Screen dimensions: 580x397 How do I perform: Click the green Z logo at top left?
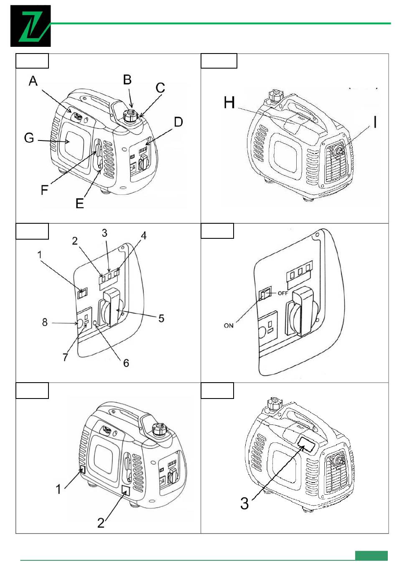pos(31,26)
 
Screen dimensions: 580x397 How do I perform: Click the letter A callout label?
pos(33,81)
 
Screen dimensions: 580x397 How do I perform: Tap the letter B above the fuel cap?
pos(127,80)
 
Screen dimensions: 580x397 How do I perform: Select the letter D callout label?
pos(178,122)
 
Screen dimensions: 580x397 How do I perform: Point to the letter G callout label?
pos(29,138)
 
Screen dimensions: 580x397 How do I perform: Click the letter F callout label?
pos(45,190)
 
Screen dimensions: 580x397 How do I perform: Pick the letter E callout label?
pos(80,203)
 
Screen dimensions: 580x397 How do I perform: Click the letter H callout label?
pos(229,102)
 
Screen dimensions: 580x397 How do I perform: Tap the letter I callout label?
pos(375,122)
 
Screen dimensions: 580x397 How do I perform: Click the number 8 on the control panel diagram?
pos(45,322)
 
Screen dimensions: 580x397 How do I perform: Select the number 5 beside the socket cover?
pos(161,319)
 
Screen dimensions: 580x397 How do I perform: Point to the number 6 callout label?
pos(126,363)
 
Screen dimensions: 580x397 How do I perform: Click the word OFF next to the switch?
pos(283,293)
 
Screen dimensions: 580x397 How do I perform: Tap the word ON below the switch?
pos(229,325)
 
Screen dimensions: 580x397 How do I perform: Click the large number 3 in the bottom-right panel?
pos(244,503)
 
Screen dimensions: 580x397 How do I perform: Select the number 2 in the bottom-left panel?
pos(101,523)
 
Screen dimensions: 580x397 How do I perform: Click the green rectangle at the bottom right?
pos(371,555)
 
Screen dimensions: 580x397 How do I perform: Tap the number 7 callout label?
pos(65,357)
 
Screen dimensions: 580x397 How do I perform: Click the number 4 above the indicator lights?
pos(143,236)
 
